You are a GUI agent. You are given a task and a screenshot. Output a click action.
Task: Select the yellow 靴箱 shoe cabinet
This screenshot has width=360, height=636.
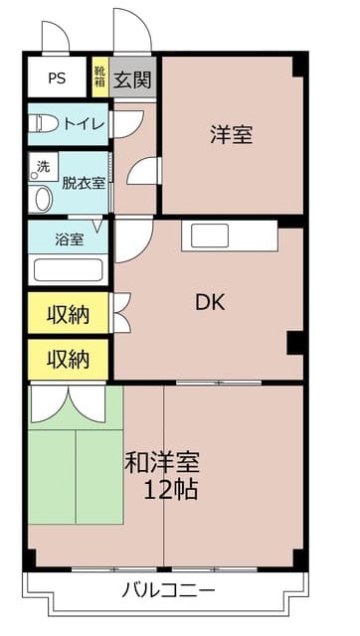tap(99, 78)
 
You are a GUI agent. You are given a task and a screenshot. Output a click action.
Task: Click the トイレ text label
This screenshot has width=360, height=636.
tap(86, 124)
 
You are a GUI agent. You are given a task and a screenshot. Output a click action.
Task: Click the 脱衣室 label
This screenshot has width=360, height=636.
tap(84, 183)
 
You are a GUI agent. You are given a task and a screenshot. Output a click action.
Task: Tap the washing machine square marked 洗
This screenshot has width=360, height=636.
tap(43, 165)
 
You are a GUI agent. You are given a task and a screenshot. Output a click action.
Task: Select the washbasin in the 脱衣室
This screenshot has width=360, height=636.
tap(41, 199)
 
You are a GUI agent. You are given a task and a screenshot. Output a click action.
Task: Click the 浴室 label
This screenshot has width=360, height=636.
tap(69, 239)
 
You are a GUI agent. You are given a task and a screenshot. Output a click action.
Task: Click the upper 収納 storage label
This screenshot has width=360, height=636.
tap(68, 315)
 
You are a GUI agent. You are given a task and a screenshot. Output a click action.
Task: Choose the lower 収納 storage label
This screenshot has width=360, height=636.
tap(68, 358)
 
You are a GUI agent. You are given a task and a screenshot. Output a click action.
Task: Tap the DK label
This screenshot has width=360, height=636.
tap(208, 302)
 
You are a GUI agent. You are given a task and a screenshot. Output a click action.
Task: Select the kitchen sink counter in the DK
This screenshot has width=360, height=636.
tap(229, 236)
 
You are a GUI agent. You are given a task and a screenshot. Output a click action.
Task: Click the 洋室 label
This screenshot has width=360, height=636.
tap(231, 135)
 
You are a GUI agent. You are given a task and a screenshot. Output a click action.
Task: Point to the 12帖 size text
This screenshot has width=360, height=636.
tap(170, 489)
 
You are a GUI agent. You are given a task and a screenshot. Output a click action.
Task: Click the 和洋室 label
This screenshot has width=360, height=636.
tap(162, 463)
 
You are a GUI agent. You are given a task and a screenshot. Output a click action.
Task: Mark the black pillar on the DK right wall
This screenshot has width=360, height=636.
tap(295, 342)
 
